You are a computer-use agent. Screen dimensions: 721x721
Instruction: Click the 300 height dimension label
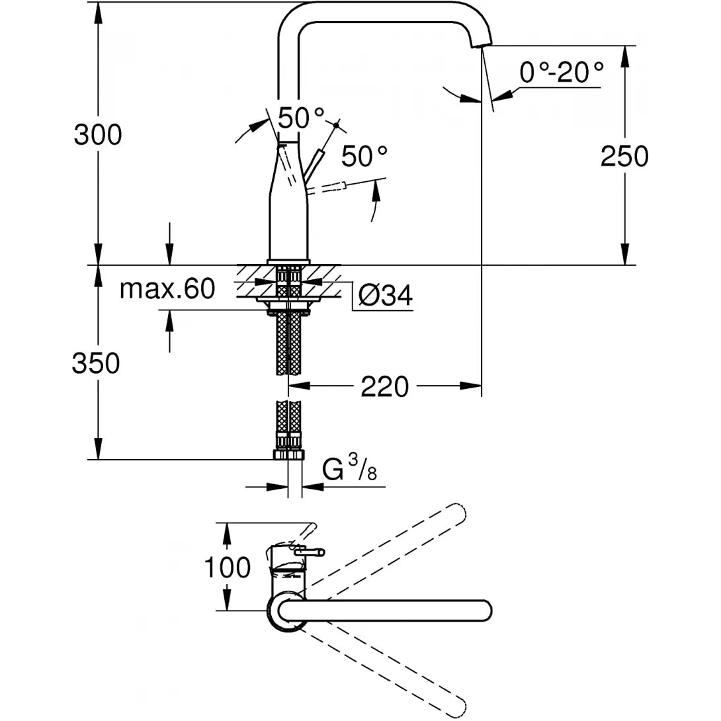(97, 136)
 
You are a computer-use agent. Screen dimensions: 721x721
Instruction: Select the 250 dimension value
(624, 157)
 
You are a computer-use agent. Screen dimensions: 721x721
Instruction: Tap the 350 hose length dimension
(96, 363)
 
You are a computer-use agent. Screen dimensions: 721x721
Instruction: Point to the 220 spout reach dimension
(384, 386)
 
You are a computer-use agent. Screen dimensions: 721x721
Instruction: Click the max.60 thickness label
(167, 289)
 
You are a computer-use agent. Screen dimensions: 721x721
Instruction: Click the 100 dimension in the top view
(226, 568)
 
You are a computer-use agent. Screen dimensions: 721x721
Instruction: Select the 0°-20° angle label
(561, 72)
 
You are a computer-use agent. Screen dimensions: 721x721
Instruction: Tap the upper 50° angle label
(301, 118)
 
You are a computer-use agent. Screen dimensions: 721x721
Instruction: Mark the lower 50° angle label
(364, 156)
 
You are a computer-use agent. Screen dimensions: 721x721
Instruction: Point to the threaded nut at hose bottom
(288, 455)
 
